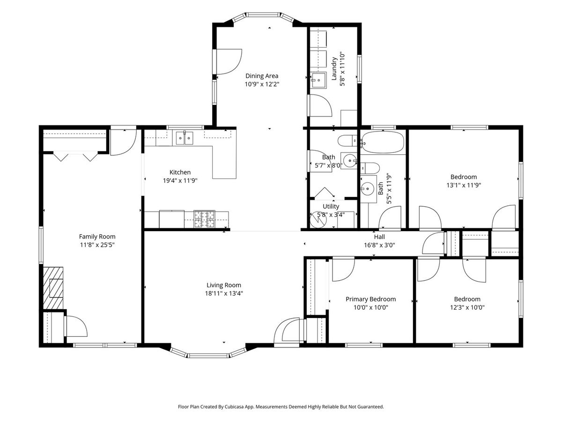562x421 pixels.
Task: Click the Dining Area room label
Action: click(262, 76)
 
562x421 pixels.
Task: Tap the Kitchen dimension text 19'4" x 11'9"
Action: click(180, 181)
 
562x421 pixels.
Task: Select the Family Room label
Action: click(97, 237)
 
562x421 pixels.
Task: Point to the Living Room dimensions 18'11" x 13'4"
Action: click(224, 293)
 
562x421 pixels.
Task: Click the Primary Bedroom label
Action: click(370, 299)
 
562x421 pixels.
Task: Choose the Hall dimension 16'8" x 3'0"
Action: click(379, 246)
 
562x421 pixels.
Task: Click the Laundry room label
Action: click(334, 69)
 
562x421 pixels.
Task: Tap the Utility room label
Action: click(331, 206)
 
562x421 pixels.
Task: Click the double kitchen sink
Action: click(185, 138)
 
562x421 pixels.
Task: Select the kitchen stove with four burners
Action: click(204, 219)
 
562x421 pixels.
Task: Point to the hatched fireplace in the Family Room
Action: click(53, 288)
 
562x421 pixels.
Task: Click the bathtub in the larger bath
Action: click(383, 142)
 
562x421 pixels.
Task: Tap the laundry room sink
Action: click(318, 80)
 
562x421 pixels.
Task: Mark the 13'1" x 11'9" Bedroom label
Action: click(464, 177)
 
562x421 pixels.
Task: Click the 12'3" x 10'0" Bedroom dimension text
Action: click(467, 307)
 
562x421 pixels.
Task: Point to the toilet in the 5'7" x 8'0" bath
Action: click(347, 141)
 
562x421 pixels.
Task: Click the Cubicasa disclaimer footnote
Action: click(281, 406)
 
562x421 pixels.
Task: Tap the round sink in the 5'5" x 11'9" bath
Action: click(368, 189)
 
